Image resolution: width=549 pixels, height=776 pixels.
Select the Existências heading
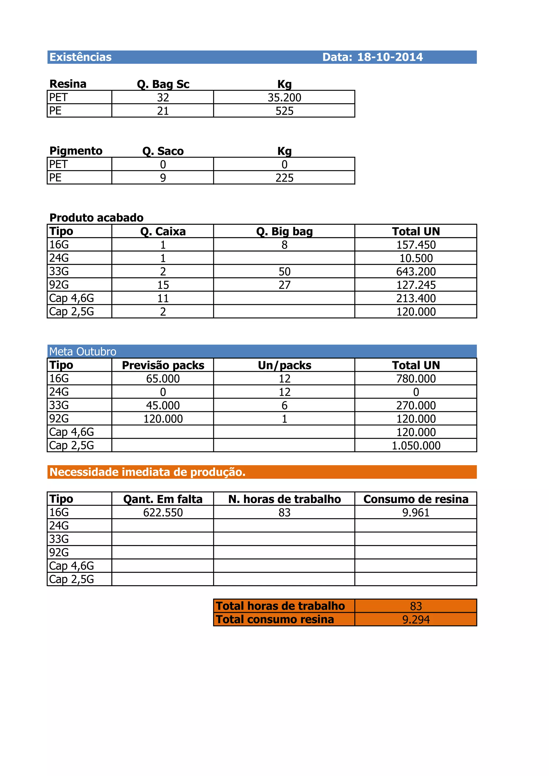[80, 57]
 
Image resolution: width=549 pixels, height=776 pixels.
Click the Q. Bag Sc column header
[163, 84]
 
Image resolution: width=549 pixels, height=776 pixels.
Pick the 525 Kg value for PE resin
[284, 111]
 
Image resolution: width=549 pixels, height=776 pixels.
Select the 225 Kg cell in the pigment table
[284, 178]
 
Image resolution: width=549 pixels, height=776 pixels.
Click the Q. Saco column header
[163, 151]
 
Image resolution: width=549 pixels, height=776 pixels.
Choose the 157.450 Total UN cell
[416, 245]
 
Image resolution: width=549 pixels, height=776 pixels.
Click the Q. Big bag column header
[284, 232]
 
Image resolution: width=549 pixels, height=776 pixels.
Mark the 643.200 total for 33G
[416, 271]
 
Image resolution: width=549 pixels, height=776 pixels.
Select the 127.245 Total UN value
[416, 285]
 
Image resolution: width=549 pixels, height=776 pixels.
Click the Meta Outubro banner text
[83, 352]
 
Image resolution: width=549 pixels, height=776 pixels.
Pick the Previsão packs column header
[163, 365]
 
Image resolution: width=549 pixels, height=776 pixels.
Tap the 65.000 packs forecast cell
[163, 379]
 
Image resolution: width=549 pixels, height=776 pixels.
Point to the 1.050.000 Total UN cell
[416, 445]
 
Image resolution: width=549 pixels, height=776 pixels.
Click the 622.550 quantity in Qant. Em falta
[163, 512]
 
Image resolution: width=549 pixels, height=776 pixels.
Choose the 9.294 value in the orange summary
[416, 620]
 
